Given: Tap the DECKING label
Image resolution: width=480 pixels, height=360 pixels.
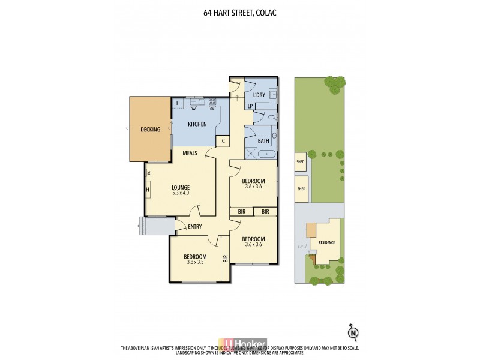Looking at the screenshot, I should point(150,129).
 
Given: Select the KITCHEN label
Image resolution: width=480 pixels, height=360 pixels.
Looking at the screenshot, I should point(197,124).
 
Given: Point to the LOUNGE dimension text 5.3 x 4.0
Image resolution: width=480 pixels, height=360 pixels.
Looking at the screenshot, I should point(181,193).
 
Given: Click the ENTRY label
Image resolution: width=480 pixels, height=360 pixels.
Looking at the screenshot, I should point(194,226).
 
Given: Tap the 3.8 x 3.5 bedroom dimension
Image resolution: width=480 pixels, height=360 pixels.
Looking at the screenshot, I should point(195,263).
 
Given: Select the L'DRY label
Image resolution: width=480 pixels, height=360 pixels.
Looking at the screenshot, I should point(259,95).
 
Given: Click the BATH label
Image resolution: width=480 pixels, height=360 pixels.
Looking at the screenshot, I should point(263,141).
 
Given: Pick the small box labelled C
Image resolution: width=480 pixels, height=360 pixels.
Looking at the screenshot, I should point(223,141).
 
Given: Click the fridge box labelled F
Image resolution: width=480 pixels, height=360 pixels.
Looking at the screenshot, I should point(178,104).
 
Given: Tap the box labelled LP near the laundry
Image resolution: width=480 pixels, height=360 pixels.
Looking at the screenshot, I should point(251,106).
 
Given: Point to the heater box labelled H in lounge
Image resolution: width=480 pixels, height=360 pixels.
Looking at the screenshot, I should point(147,191).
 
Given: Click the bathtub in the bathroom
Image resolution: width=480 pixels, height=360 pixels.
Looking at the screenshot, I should point(267,154).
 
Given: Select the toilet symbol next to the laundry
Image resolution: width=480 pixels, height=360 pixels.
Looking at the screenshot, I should point(271,117).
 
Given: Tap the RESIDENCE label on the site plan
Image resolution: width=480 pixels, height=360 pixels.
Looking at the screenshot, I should point(326,243).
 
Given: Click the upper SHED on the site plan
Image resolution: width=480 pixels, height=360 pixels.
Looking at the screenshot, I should point(301,161).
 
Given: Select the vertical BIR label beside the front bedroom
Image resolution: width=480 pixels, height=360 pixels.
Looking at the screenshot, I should point(226,259).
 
